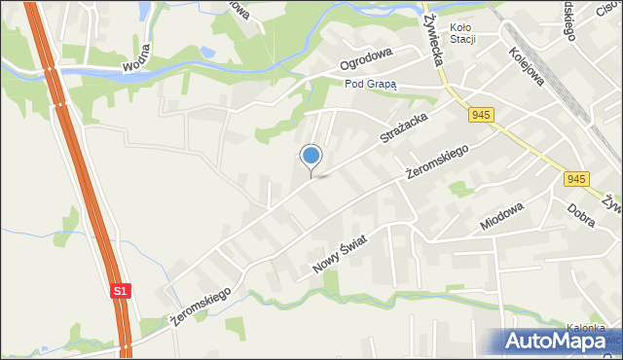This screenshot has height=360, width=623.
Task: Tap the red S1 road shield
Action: pyautogui.click(x=119, y=290)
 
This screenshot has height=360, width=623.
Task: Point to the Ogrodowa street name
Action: pyautogui.click(x=365, y=62)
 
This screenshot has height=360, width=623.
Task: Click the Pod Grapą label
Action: pyautogui.click(x=371, y=85)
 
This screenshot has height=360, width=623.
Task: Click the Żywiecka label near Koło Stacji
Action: pyautogui.click(x=433, y=39)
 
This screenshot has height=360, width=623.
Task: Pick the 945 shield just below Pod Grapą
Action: pyautogui.click(x=480, y=116)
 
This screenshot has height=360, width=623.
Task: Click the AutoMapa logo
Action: pyautogui.click(x=555, y=341)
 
